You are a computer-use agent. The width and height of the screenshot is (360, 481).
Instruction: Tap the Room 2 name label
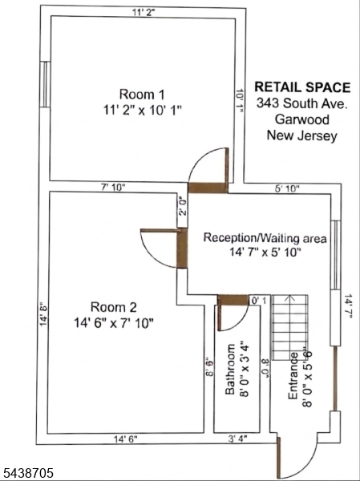113,307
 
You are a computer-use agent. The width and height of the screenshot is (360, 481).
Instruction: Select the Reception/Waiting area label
265,238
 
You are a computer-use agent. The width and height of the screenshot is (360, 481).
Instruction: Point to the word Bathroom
230,370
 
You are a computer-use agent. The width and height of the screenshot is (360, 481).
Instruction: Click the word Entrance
293,376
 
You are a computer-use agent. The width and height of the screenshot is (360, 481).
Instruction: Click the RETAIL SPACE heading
302,87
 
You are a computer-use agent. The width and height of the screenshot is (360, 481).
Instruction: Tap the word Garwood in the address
302,119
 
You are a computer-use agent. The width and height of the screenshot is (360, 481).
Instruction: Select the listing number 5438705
28,472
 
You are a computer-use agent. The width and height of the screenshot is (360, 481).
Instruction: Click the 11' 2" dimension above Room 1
144,13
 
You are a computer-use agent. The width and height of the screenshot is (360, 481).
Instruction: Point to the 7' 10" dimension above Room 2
113,187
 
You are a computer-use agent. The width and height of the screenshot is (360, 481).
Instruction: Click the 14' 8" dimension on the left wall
43,313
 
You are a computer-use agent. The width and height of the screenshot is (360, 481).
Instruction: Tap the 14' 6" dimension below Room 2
126,439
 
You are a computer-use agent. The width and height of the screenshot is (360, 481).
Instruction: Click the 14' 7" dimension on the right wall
348,306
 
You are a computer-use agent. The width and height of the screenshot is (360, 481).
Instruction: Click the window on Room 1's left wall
45,84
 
